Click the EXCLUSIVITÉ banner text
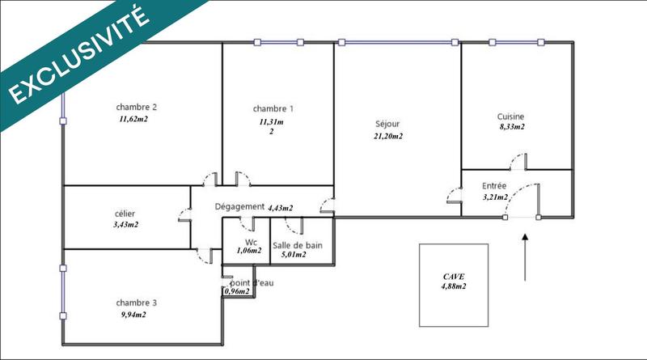(78, 56)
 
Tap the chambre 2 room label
(136, 107)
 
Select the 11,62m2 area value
(133, 119)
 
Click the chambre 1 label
(273, 109)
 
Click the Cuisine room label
(510, 116)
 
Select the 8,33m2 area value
(510, 127)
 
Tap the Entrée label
(494, 185)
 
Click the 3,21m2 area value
(494, 197)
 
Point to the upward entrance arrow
(526, 257)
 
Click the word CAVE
(454, 276)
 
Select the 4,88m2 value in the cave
(453, 286)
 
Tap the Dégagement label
(239, 206)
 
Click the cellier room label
(125, 214)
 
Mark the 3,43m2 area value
(125, 225)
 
